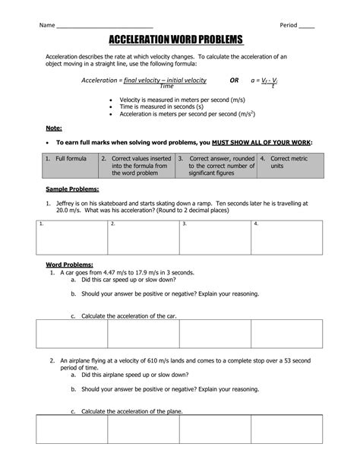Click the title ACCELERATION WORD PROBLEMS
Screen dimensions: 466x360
[x=180, y=39]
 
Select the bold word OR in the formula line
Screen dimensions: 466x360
[x=235, y=80]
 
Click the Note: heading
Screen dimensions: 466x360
[x=54, y=128]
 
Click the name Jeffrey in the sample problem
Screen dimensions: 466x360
[x=69, y=204]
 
